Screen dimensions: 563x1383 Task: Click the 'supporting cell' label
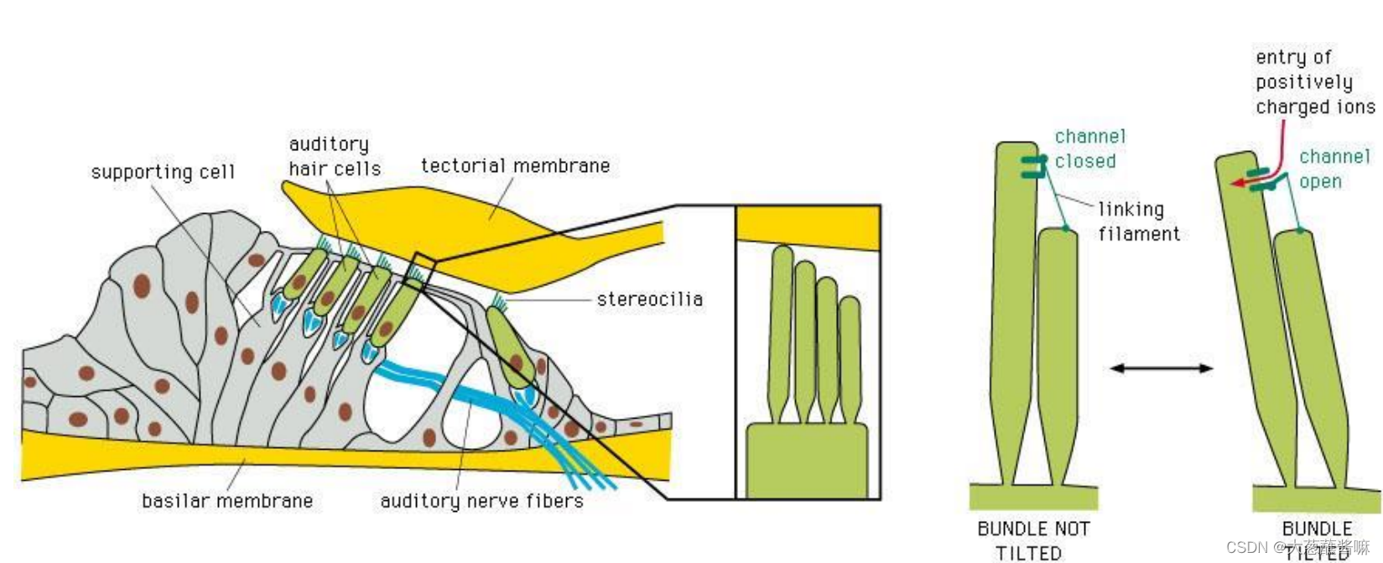[163, 172]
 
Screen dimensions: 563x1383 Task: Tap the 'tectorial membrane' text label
[515, 166]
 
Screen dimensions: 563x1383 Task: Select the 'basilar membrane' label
[227, 501]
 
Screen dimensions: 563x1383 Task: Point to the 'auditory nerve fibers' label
[481, 501]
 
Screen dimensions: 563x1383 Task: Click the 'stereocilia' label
[649, 300]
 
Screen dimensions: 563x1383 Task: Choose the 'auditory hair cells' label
[334, 157]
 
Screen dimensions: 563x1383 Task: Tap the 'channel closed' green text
[1089, 149]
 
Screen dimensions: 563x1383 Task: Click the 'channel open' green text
[1334, 169]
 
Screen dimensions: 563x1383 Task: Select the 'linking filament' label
[1138, 222]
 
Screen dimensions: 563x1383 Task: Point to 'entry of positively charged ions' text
[1313, 82]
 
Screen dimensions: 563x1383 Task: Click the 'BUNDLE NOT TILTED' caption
[1032, 540]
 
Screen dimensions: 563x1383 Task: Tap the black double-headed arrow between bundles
[1161, 368]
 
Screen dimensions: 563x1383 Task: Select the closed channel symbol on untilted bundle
[1034, 167]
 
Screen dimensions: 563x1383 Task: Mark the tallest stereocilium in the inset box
[782, 327]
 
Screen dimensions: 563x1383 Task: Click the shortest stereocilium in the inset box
[850, 352]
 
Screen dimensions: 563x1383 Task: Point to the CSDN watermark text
[1297, 547]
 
